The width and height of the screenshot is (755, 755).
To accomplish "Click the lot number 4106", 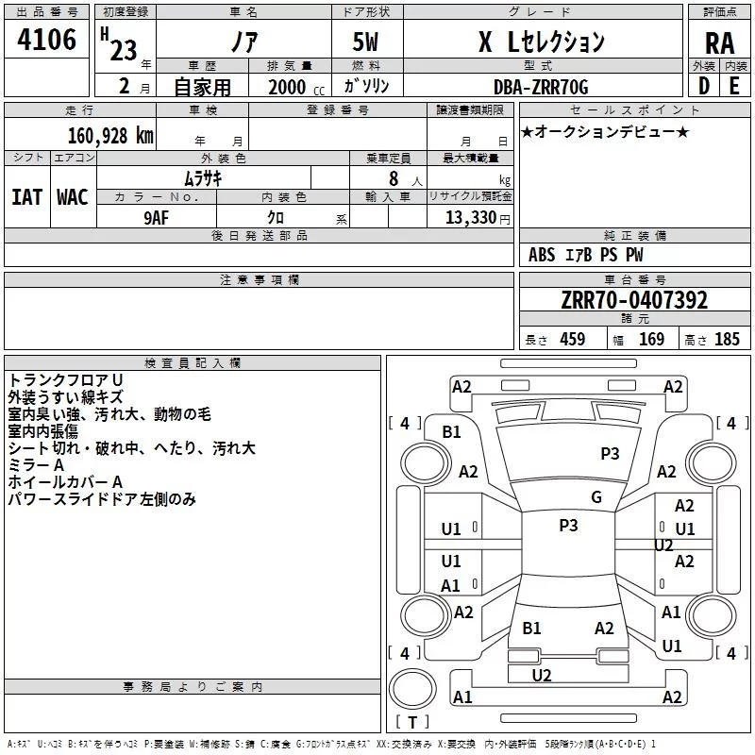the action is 46,40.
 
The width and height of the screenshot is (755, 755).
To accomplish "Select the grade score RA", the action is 719,43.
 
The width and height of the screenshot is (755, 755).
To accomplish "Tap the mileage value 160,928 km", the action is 110,136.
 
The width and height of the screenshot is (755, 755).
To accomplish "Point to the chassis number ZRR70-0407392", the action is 634,300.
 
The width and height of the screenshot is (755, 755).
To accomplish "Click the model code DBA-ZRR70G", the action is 541,87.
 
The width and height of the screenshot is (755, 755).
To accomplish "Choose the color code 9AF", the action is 157,218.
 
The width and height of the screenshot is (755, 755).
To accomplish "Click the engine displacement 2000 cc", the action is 296,88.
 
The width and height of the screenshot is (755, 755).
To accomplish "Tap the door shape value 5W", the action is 365,42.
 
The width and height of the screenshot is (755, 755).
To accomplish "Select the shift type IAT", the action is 26,197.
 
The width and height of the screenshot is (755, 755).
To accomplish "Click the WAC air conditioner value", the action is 73,197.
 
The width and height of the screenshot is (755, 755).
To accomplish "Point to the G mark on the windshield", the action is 596,497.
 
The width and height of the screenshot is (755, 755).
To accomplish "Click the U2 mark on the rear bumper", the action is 541,676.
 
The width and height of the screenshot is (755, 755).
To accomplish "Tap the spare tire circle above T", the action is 412,689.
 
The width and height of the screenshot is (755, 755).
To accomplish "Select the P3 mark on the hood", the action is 610,454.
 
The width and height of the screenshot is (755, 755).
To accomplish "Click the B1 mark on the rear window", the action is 531,628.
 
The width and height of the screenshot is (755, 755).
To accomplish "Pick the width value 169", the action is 651,339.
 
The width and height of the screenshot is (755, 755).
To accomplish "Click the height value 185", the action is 727,339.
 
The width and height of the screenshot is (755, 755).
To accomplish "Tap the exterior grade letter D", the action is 704,86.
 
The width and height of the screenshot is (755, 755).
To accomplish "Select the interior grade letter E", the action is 734,86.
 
